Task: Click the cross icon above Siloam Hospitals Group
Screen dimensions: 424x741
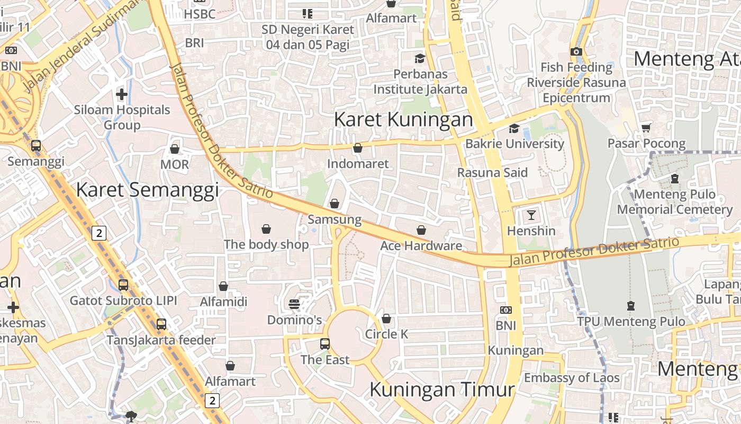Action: click(122, 94)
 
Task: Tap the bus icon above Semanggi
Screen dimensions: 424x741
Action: click(36, 145)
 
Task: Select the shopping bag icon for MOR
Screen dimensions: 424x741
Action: click(175, 149)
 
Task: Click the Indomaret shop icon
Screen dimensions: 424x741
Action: click(358, 148)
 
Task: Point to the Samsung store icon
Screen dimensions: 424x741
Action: click(335, 203)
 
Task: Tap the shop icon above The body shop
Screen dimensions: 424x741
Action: click(266, 229)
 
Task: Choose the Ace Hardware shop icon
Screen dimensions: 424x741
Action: click(421, 230)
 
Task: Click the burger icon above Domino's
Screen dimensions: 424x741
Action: click(294, 304)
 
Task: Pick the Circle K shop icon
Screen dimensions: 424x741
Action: click(386, 319)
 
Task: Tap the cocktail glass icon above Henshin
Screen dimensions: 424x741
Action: click(531, 215)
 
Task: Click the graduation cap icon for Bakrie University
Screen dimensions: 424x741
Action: click(514, 128)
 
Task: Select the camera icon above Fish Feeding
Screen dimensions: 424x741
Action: click(576, 51)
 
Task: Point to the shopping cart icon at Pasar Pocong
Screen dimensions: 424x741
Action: click(646, 128)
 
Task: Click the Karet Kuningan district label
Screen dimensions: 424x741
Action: click(403, 120)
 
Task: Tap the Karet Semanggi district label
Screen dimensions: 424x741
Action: click(147, 190)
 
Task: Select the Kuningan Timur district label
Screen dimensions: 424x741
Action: click(442, 390)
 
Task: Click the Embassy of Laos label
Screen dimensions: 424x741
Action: click(572, 378)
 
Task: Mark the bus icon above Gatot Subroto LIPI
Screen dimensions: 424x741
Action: click(123, 285)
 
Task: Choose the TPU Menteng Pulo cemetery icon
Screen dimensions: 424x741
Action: click(631, 306)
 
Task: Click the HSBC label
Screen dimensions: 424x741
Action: click(200, 14)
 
